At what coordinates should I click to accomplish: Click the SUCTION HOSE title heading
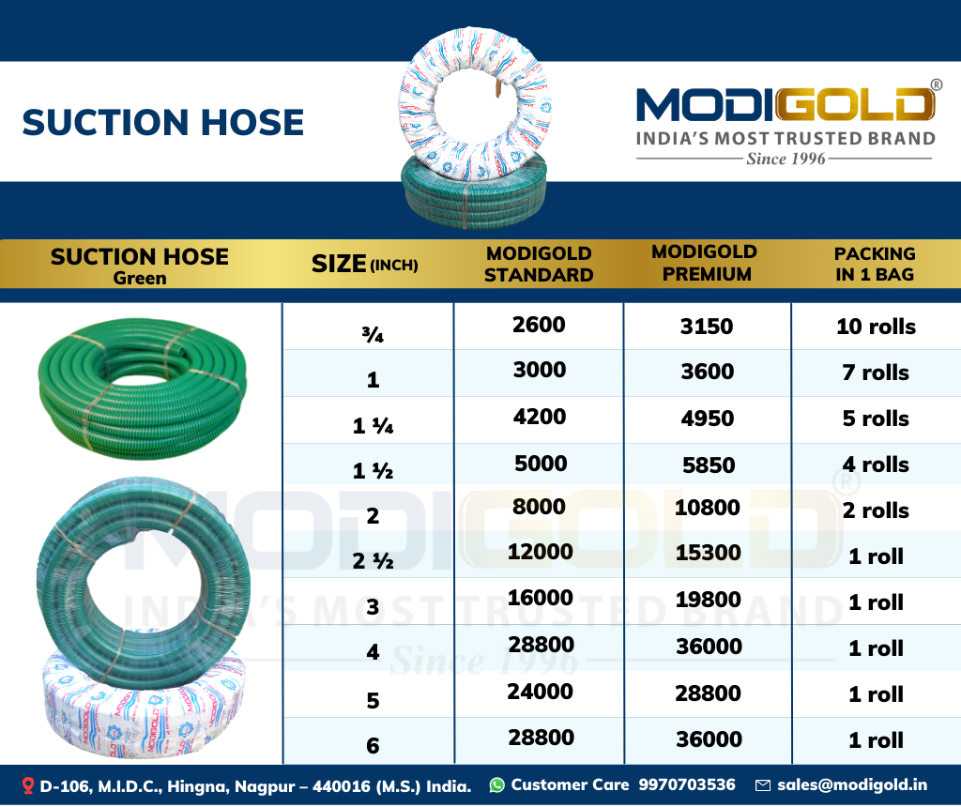click(x=163, y=123)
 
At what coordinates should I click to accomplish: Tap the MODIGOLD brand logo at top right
click(x=786, y=103)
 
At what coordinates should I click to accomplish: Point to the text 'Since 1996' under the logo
click(x=786, y=159)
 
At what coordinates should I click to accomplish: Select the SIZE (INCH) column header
click(x=365, y=264)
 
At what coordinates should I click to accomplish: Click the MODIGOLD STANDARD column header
click(x=539, y=264)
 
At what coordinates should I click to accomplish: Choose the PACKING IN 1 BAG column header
click(x=875, y=264)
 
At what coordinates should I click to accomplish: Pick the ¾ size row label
click(x=373, y=335)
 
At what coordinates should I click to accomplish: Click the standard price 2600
click(x=539, y=325)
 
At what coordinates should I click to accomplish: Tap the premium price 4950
click(x=708, y=419)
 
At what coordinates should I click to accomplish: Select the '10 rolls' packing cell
click(x=876, y=327)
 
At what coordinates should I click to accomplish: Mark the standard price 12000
click(x=540, y=552)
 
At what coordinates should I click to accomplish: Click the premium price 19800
click(x=708, y=600)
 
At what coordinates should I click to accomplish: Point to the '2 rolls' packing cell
click(x=876, y=510)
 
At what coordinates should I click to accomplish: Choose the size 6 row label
click(x=373, y=746)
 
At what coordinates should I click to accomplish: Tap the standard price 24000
click(x=540, y=692)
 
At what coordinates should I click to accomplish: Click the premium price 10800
click(x=708, y=508)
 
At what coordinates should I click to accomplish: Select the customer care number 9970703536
click(x=686, y=784)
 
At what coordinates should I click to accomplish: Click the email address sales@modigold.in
click(x=852, y=784)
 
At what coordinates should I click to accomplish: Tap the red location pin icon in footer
click(x=27, y=785)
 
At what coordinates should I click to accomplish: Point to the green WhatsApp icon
click(x=497, y=784)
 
